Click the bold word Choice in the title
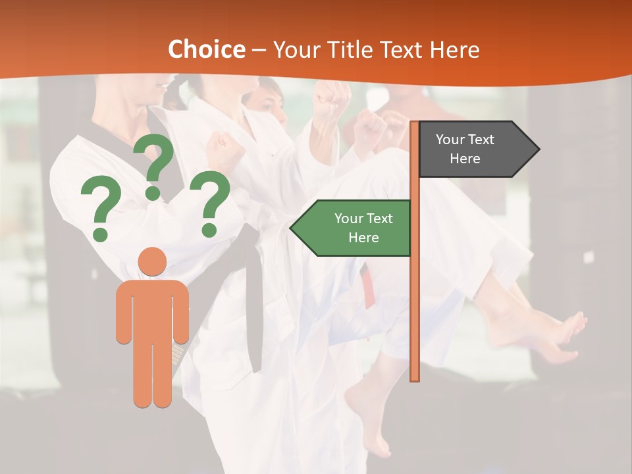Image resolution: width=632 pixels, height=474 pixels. pyautogui.click(x=206, y=49)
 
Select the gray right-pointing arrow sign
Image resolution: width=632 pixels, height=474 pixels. pyautogui.click(x=474, y=149)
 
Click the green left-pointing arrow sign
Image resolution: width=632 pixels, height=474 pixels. pyautogui.click(x=355, y=228)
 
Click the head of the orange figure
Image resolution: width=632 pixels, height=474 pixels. pyautogui.click(x=153, y=261)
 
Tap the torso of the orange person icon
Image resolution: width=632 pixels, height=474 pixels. pyautogui.click(x=153, y=309)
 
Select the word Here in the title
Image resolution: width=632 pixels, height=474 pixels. pyautogui.click(x=454, y=49)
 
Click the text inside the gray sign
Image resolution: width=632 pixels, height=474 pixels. pyautogui.click(x=465, y=149)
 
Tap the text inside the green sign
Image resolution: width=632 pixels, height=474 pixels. pyautogui.click(x=363, y=228)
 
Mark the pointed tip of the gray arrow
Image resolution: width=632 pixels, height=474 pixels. pyautogui.click(x=538, y=149)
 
